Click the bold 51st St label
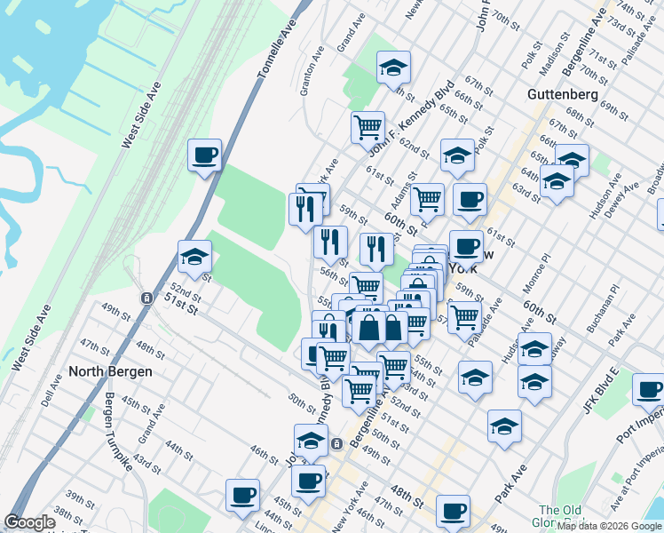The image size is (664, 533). [x=179, y=305]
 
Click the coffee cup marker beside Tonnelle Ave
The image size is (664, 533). [x=205, y=156]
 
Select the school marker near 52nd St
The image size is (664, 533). [x=194, y=258]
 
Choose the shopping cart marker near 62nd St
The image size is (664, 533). [x=368, y=126]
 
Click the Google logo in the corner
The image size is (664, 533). [x=30, y=522]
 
